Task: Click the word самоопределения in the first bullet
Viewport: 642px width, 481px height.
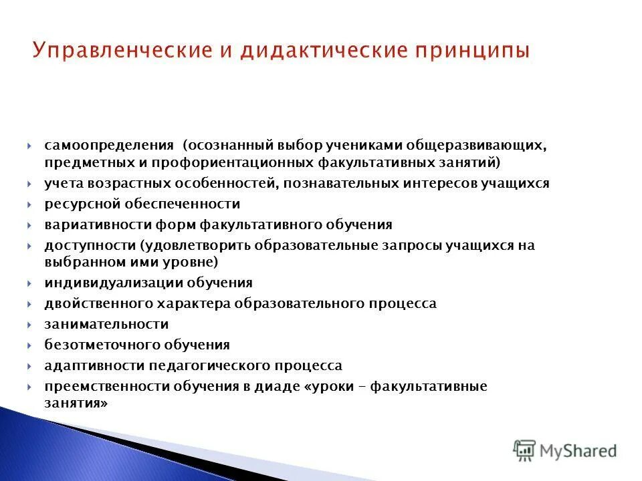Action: pyautogui.click(x=110, y=146)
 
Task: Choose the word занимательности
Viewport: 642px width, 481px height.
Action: pyautogui.click(x=106, y=324)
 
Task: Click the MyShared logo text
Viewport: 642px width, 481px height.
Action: pyautogui.click(x=580, y=451)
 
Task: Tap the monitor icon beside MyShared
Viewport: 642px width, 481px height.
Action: pyautogui.click(x=525, y=450)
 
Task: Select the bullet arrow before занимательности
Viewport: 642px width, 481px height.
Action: pyautogui.click(x=31, y=325)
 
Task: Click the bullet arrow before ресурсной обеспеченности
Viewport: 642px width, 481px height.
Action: pyautogui.click(x=31, y=204)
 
